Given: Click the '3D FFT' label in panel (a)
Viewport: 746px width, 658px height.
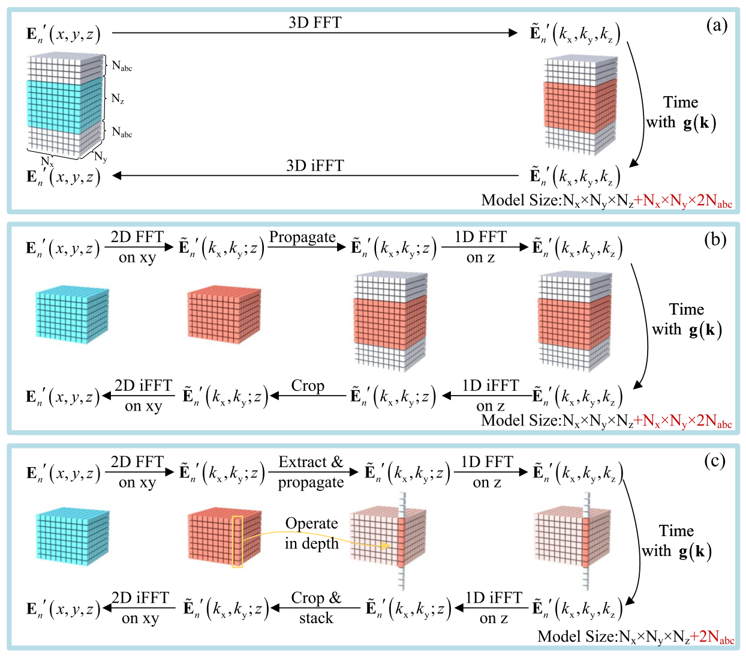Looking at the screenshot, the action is tap(315, 22).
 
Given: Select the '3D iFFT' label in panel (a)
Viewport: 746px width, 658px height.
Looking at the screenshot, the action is tap(315, 166).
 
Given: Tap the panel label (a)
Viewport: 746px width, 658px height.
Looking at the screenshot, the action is tap(717, 26).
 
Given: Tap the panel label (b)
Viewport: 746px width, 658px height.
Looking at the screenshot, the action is tap(715, 240).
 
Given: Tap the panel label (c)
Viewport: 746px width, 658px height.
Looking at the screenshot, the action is tap(715, 461).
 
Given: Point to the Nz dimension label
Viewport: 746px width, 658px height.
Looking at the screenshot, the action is tap(118, 99).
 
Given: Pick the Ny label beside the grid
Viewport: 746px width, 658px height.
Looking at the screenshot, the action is tap(101, 157).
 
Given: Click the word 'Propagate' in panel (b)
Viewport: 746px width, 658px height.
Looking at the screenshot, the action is tap(302, 237).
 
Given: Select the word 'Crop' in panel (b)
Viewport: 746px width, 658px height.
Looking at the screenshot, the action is tap(308, 386).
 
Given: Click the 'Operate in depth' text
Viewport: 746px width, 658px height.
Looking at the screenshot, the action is tap(311, 533).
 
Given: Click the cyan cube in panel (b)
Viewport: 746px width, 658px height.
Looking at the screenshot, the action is tap(72, 315).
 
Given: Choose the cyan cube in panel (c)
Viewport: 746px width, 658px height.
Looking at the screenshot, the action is tap(73, 537).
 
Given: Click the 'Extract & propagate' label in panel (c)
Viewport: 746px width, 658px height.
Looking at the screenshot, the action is tap(311, 472).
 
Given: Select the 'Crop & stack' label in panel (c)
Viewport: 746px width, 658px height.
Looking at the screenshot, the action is tap(316, 608).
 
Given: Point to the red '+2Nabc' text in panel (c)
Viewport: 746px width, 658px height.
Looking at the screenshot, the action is tap(712, 637).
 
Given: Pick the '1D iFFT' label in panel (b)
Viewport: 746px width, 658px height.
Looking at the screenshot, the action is tap(491, 385).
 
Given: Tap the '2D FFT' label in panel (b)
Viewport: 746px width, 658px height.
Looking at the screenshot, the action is tap(137, 237).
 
